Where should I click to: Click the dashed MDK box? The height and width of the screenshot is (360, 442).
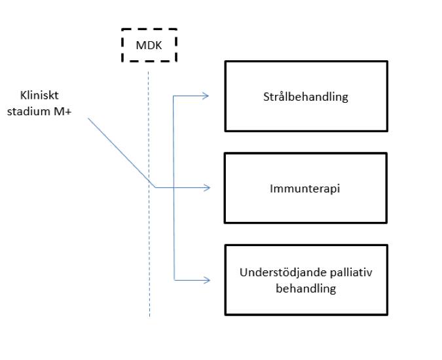(150, 46)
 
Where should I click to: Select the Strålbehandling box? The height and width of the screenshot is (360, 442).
(306, 96)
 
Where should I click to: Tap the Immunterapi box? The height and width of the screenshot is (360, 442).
(306, 188)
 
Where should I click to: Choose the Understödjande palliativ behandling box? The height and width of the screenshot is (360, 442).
(306, 279)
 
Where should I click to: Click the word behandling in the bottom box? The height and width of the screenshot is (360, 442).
(306, 288)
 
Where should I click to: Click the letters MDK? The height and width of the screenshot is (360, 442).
(150, 46)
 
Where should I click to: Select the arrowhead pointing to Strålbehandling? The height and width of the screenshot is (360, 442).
(206, 96)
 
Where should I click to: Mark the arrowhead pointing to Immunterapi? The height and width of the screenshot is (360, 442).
(207, 188)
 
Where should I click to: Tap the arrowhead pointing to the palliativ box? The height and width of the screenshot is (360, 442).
(207, 280)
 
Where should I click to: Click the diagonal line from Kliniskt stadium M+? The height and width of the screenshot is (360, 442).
(121, 153)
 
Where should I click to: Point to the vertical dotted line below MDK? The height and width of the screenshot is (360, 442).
(149, 249)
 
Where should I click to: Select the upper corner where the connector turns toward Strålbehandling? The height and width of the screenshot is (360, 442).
(174, 96)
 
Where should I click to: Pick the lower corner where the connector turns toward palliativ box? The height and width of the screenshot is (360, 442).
(174, 280)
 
